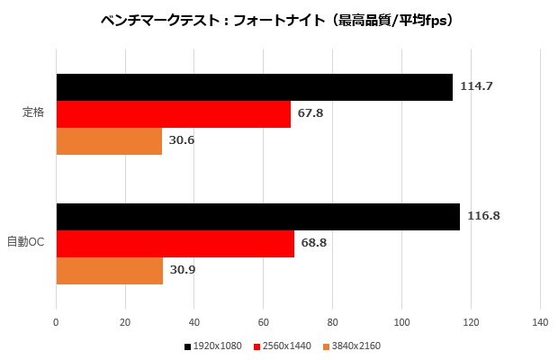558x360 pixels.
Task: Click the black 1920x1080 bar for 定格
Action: pyautogui.click(x=254, y=87)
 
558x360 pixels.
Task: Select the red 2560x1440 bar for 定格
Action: pyautogui.click(x=173, y=114)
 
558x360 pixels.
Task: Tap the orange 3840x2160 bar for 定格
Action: pyautogui.click(x=109, y=141)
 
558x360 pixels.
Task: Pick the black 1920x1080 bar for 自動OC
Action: pyautogui.click(x=257, y=217)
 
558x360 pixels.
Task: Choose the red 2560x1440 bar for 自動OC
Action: pyautogui.click(x=175, y=244)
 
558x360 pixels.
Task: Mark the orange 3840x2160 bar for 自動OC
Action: pyautogui.click(x=109, y=271)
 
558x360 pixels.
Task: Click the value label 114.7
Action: pyautogui.click(x=476, y=86)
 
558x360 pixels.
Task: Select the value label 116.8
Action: pyautogui.click(x=483, y=216)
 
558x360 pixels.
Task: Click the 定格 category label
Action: pyautogui.click(x=34, y=113)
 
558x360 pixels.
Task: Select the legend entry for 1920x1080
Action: pyautogui.click(x=214, y=346)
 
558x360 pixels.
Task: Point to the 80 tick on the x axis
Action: pyautogui.click(x=333, y=322)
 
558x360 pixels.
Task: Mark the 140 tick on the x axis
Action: pyautogui.click(x=540, y=322)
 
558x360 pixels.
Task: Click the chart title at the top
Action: pyautogui.click(x=279, y=19)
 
